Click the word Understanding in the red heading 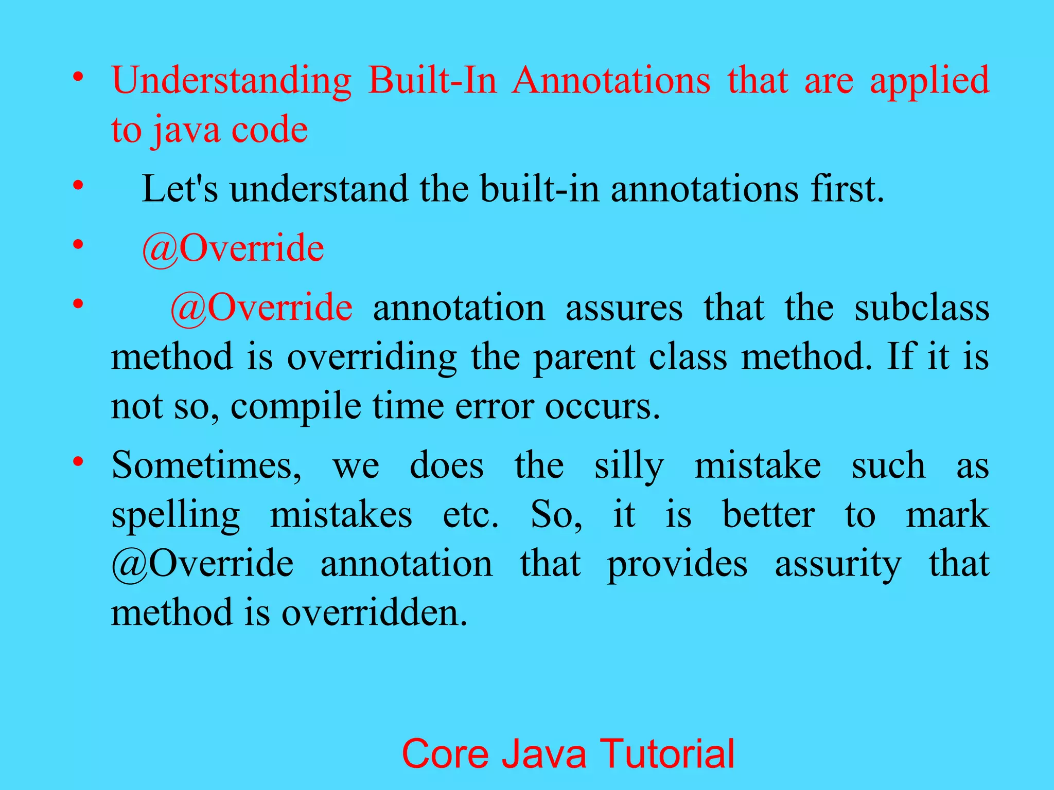click(x=232, y=81)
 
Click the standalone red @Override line click(x=233, y=248)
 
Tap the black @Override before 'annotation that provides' click(x=202, y=564)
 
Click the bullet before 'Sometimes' click(x=78, y=461)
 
